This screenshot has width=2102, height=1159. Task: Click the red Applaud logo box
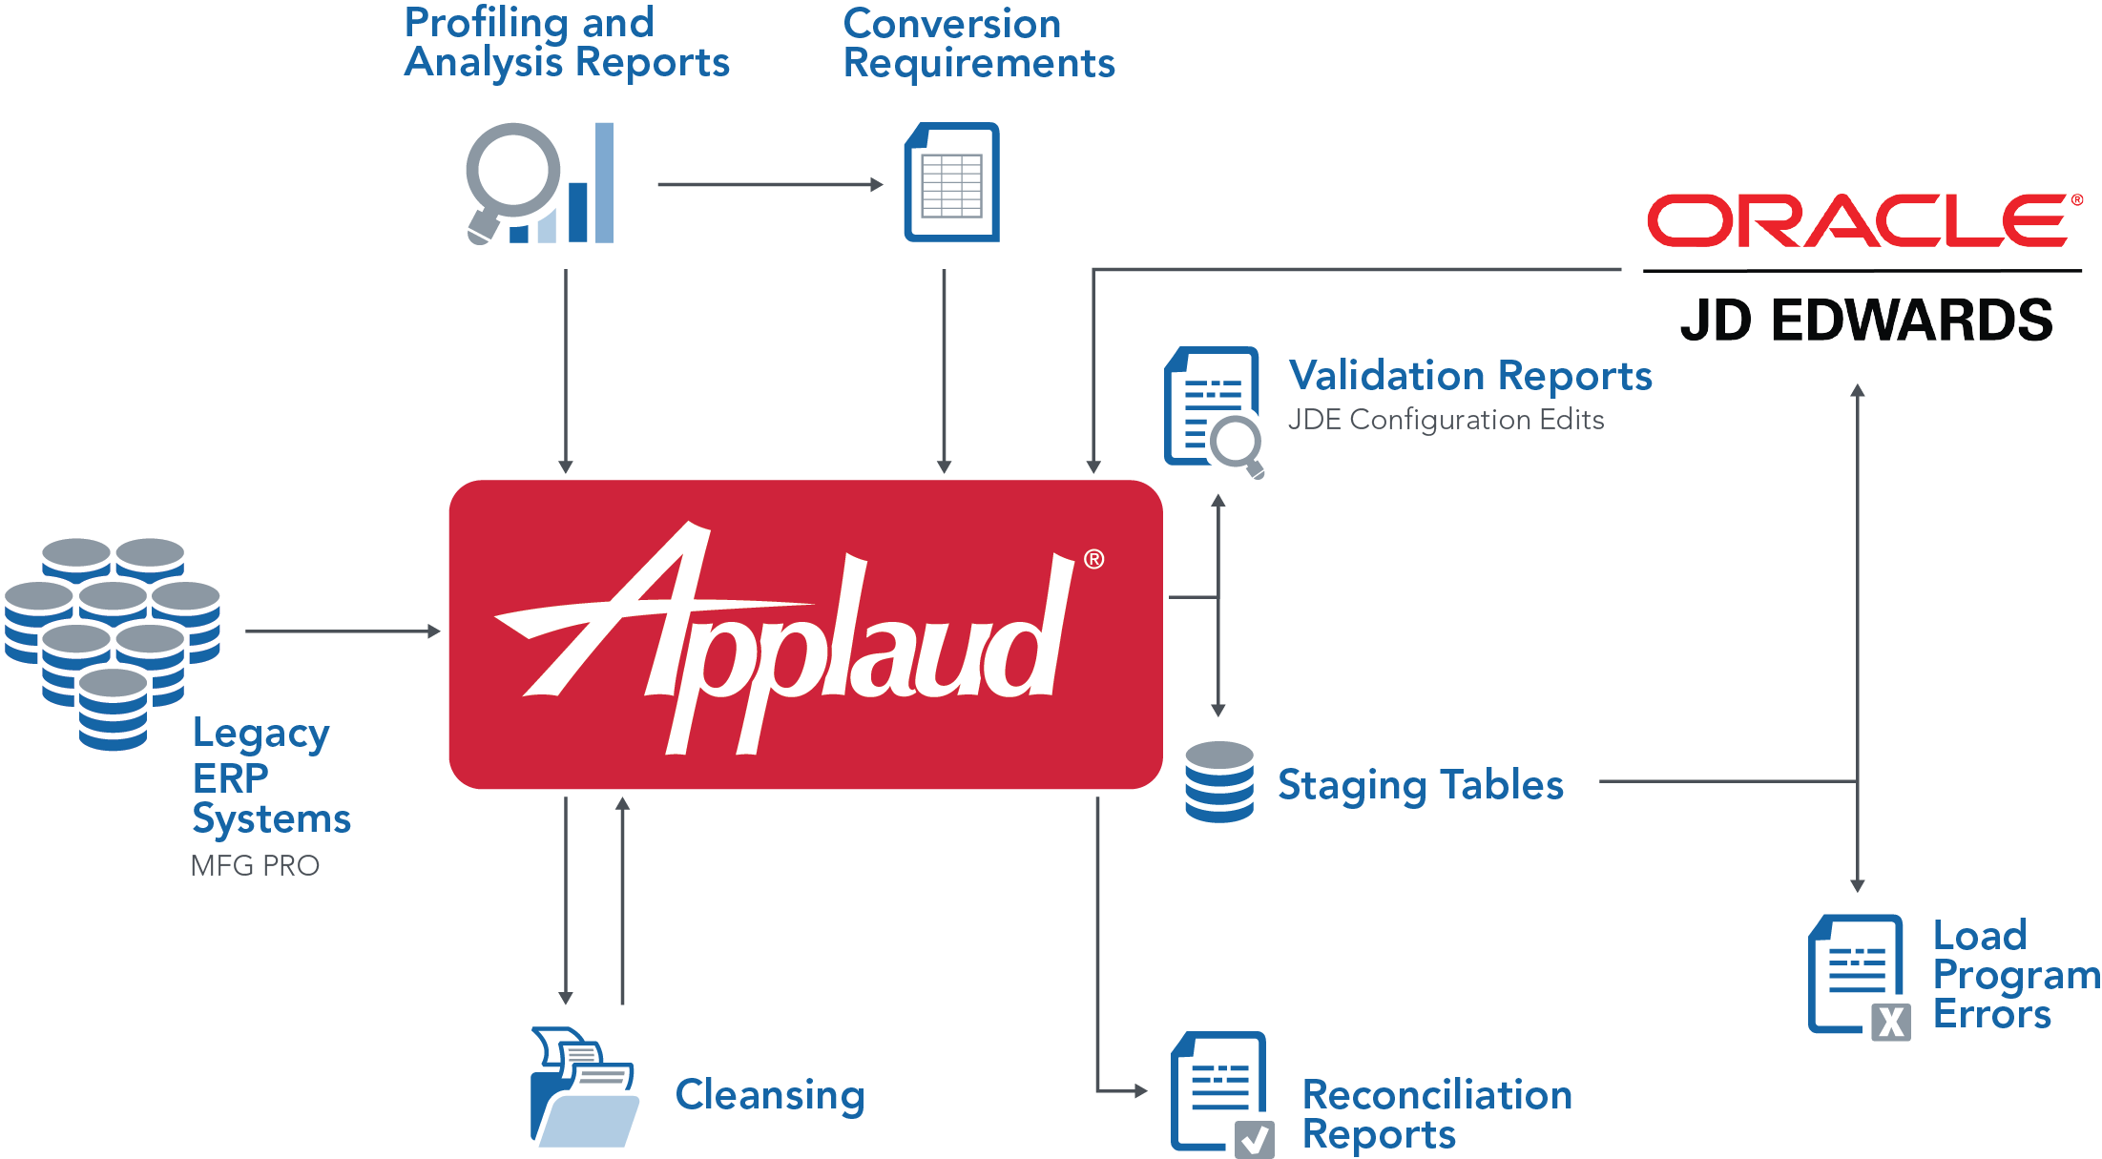[804, 633]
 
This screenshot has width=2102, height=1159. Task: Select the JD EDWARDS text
[1865, 321]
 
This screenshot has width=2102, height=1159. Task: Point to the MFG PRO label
[255, 866]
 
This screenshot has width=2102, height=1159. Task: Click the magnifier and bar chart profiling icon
[540, 183]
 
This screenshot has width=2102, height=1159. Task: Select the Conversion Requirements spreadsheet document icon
[951, 182]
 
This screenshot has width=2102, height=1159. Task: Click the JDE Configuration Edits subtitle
[1445, 420]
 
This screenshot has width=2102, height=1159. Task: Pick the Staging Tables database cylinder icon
[1218, 781]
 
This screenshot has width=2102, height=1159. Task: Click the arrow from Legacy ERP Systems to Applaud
[342, 631]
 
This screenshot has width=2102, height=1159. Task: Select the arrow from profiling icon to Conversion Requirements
[769, 184]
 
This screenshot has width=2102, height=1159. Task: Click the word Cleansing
[769, 1094]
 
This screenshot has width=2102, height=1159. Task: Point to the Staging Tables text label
[1420, 785]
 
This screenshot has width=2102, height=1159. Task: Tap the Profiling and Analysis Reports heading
[566, 42]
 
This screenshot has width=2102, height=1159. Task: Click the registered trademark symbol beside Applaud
[1093, 559]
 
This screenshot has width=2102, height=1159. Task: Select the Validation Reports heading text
[1469, 376]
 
